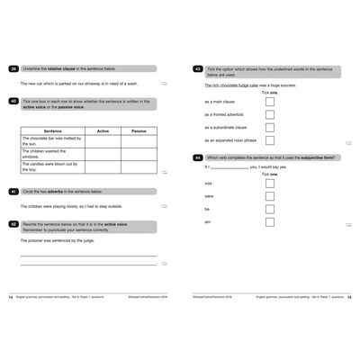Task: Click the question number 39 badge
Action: pos(13,68)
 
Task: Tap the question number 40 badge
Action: pos(13,102)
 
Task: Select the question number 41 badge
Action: pos(13,192)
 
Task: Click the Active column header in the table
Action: pos(103,130)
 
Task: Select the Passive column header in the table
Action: pos(139,130)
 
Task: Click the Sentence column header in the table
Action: pos(52,130)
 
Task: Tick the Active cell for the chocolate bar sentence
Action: pos(103,140)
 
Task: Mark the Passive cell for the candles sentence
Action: pos(139,166)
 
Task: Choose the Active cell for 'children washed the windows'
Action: pos(103,154)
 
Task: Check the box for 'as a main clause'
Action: pos(269,102)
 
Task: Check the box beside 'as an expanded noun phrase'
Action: pos(269,140)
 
